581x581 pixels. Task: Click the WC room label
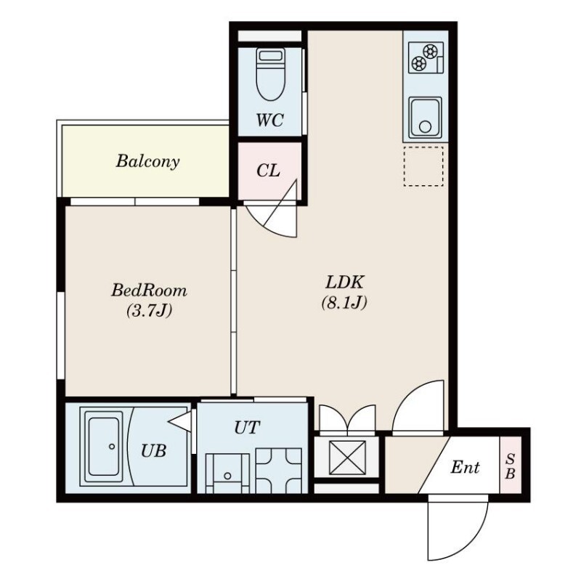tap(269, 120)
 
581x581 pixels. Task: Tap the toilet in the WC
tap(271, 75)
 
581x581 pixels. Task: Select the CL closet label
tap(268, 171)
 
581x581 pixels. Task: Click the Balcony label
tap(148, 161)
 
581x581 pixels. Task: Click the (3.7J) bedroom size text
tap(149, 310)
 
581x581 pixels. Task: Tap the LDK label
tap(345, 282)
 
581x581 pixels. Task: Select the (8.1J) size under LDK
tap(344, 302)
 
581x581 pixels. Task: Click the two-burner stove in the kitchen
tap(426, 57)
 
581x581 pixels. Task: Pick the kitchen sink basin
tap(426, 117)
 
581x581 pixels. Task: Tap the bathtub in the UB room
tap(104, 447)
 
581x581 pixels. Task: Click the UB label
tap(153, 451)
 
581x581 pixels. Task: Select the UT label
tap(247, 428)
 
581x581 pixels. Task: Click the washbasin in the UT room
tap(227, 474)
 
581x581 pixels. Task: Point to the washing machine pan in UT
tap(279, 471)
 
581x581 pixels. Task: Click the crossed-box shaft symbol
tap(347, 458)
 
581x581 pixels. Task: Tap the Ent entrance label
tap(465, 467)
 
